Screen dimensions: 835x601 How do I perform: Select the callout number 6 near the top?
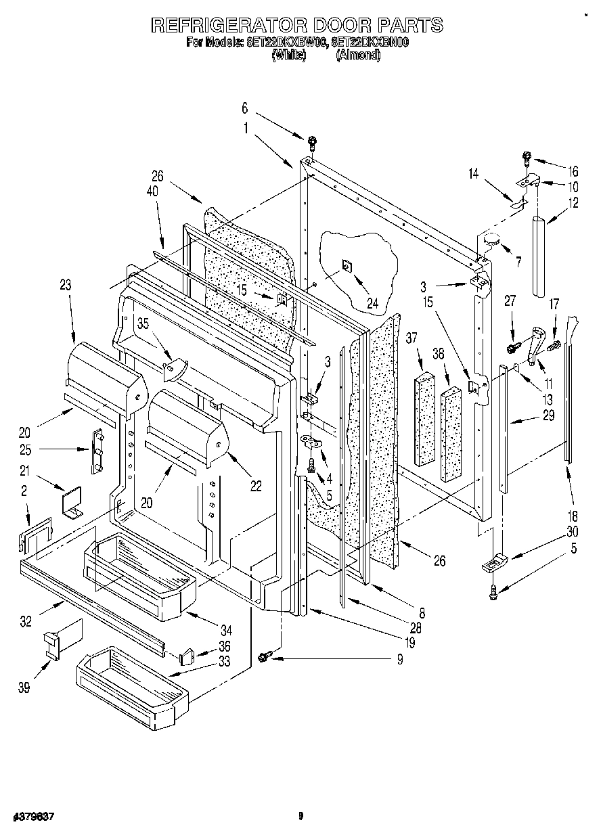tap(245, 108)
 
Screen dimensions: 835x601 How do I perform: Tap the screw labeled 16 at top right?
tap(527, 158)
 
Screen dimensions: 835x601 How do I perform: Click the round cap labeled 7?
tap(491, 239)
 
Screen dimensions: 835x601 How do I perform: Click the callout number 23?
tap(65, 286)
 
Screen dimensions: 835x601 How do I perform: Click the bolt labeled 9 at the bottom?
tap(265, 655)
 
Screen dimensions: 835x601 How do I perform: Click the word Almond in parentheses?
tap(358, 56)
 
